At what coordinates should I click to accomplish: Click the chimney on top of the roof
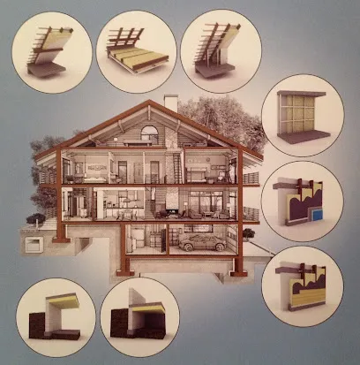[x=171, y=103]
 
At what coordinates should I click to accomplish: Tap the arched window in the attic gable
[x=150, y=134]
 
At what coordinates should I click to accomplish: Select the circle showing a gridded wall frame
[x=303, y=115]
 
